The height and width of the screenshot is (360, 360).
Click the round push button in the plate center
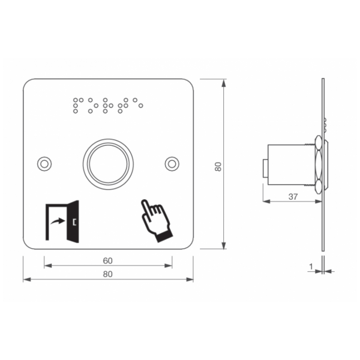pyautogui.click(x=108, y=164)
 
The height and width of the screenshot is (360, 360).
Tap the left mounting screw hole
pyautogui.click(x=44, y=164)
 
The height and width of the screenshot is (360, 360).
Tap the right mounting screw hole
pyautogui.click(x=172, y=164)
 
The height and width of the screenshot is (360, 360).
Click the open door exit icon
pyautogui.click(x=62, y=221)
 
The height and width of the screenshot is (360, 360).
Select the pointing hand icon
pyautogui.click(x=157, y=221)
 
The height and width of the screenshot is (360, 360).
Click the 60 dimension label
pyautogui.click(x=107, y=261)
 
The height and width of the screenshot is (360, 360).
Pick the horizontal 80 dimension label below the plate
pyautogui.click(x=107, y=274)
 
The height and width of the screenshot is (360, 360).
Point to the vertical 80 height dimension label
pyautogui.click(x=218, y=167)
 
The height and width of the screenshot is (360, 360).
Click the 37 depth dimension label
pyautogui.click(x=293, y=197)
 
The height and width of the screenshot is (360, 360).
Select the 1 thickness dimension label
pyautogui.click(x=311, y=266)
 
